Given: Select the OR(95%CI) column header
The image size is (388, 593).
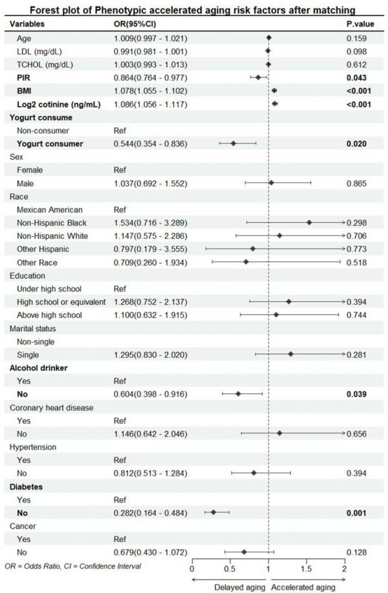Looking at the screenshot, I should tap(135, 24).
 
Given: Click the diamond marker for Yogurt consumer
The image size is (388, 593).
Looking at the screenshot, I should tap(233, 143).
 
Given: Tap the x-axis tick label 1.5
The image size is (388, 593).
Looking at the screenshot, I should tap(306, 569).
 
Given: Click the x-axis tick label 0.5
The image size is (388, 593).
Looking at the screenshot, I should tap(230, 569).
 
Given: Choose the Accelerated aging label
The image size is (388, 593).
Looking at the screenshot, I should tap(303, 587).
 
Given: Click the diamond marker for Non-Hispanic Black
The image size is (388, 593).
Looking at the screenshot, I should tap(309, 222).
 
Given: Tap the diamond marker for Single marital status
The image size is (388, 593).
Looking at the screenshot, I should tap(290, 354).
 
